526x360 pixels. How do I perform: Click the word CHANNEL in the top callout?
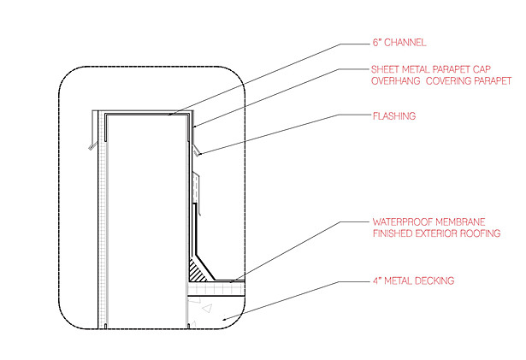(x=405, y=43)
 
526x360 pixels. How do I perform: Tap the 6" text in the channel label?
(x=377, y=43)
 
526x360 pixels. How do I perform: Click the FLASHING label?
(x=394, y=116)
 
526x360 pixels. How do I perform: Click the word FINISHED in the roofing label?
(x=393, y=233)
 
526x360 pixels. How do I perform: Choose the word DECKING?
(x=434, y=280)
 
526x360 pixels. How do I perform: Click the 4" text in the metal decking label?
(x=377, y=280)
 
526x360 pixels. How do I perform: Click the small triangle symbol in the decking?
(x=208, y=309)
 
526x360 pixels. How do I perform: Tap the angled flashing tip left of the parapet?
(x=91, y=147)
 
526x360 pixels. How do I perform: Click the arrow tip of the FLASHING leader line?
(x=200, y=154)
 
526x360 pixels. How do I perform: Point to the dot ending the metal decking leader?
(x=224, y=319)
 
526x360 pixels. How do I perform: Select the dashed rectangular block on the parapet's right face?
(x=196, y=187)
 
